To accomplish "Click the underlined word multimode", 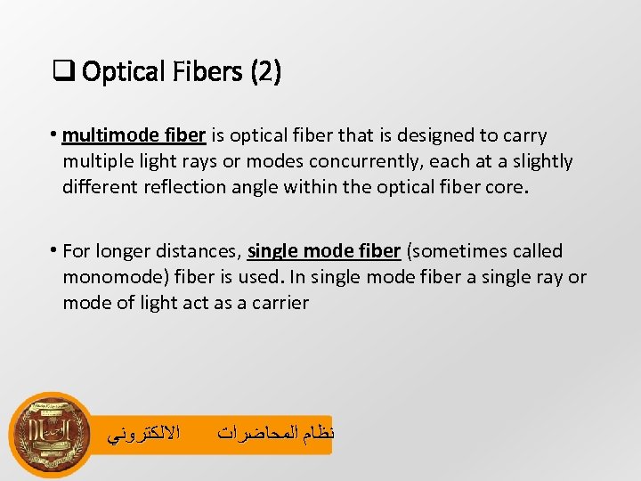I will click(x=106, y=135).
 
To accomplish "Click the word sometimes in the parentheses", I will click(x=454, y=252).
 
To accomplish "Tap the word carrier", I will click(x=280, y=303).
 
